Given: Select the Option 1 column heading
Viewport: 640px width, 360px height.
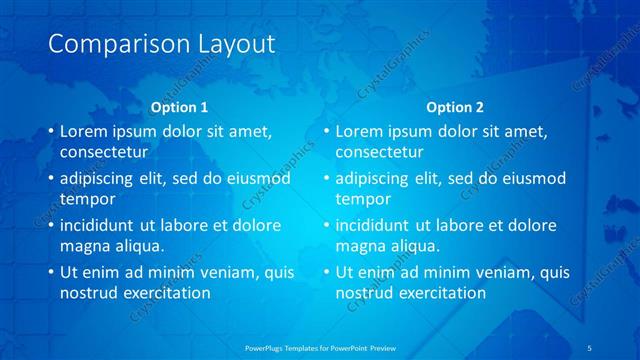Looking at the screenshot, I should (x=179, y=107).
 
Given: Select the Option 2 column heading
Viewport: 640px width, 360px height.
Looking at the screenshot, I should (x=454, y=107).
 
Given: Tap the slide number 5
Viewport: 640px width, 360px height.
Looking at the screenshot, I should (x=591, y=346).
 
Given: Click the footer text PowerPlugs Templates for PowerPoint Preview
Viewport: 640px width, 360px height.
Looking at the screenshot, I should (x=319, y=346).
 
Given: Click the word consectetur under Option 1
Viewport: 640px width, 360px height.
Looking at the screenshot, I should (x=104, y=152).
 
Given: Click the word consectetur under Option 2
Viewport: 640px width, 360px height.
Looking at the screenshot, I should (x=379, y=152).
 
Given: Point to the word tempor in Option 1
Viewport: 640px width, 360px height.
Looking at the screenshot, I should (x=85, y=198).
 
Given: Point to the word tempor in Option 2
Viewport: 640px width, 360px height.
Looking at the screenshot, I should (x=360, y=198).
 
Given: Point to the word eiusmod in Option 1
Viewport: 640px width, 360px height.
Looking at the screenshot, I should (x=259, y=178).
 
